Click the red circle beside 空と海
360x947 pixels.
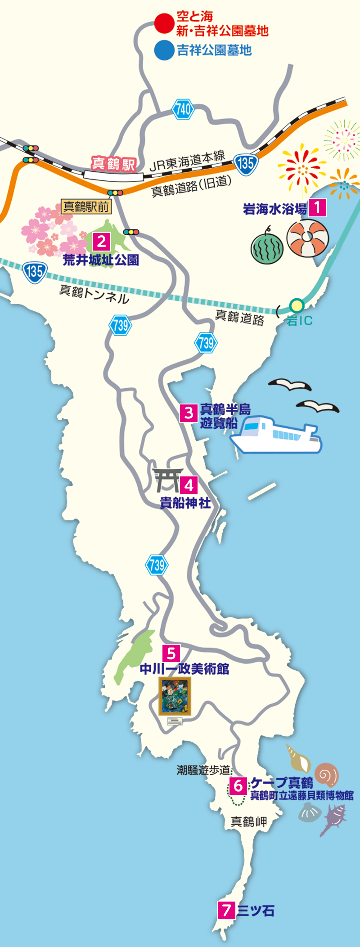(x=164, y=23)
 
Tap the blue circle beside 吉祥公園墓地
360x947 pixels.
(x=164, y=50)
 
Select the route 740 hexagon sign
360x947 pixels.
(x=183, y=109)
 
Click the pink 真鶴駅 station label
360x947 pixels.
(x=113, y=163)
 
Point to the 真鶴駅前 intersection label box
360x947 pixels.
(x=86, y=207)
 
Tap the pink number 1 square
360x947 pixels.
(x=318, y=208)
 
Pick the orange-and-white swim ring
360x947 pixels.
(x=308, y=238)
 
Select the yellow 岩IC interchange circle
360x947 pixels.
(x=297, y=306)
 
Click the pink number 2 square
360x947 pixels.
(x=102, y=242)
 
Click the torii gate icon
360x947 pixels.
(x=167, y=480)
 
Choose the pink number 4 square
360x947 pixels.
(x=189, y=485)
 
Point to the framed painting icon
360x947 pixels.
(x=175, y=696)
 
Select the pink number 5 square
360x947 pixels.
(x=171, y=653)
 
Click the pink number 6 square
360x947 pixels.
(x=238, y=786)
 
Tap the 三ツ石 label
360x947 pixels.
(x=256, y=911)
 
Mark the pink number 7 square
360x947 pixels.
(x=226, y=910)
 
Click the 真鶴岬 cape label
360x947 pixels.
(x=249, y=822)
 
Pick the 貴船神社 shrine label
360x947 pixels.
(x=185, y=503)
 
